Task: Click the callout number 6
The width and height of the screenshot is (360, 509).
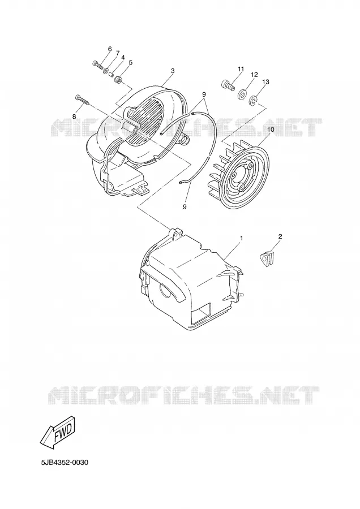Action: click(x=110, y=49)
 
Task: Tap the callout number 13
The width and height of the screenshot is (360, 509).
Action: click(x=265, y=82)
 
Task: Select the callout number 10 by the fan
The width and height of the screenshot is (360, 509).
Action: click(x=271, y=130)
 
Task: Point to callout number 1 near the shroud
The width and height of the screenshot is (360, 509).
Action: click(x=241, y=238)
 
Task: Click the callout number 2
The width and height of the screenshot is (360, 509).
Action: click(x=280, y=236)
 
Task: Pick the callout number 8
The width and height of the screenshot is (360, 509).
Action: click(x=74, y=116)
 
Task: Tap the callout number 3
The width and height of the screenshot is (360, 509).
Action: click(x=173, y=71)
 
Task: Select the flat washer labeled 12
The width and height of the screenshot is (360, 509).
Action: click(x=242, y=95)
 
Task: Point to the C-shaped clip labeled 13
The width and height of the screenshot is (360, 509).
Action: click(x=253, y=102)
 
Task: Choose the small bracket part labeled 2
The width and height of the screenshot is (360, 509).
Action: click(x=267, y=259)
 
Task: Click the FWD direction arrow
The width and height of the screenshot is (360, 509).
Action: click(x=58, y=433)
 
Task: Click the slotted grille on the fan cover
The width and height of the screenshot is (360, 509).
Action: click(x=145, y=121)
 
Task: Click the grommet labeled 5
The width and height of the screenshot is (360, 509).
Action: click(x=119, y=79)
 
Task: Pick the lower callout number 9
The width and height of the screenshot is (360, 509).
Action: click(x=185, y=206)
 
